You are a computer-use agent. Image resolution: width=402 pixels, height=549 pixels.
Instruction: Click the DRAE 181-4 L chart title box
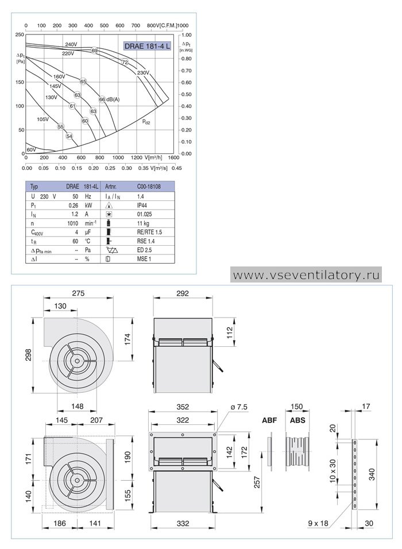(148, 46)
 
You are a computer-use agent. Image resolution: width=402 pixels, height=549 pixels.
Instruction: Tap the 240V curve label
(71, 44)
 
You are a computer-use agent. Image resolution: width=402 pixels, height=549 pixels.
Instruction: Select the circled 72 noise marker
(125, 62)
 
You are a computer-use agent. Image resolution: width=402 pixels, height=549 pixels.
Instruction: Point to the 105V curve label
(42, 119)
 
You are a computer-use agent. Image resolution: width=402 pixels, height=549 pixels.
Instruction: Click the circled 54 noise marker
(69, 136)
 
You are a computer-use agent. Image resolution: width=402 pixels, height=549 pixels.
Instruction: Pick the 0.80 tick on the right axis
(187, 59)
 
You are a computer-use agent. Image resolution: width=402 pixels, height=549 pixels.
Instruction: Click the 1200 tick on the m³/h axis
(137, 157)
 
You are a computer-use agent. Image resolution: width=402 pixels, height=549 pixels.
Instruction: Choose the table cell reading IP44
(142, 206)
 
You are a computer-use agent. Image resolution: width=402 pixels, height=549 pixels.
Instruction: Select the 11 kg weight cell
(143, 223)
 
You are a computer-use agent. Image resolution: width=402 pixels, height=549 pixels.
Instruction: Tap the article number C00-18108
(149, 187)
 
